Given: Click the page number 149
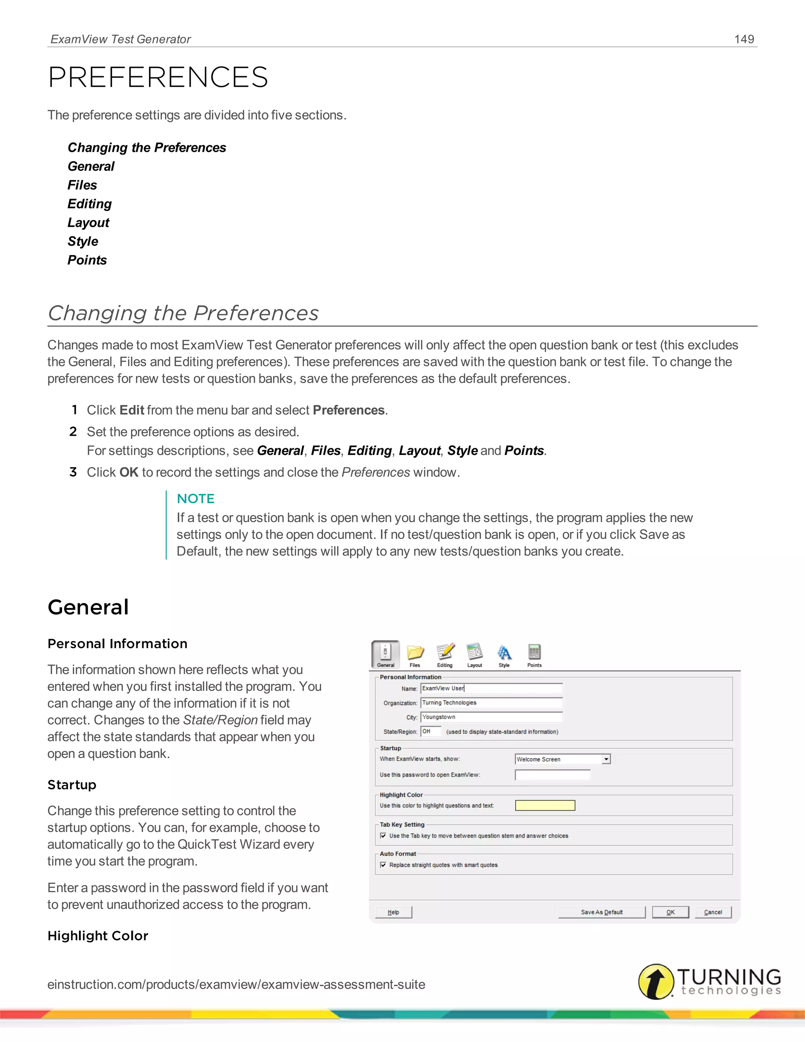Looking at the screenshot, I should click(744, 39).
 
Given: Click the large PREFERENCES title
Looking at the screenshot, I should click(158, 77).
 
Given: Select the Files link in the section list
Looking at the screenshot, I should click(82, 185).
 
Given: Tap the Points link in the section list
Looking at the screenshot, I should click(87, 260).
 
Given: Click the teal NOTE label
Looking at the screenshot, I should click(195, 499).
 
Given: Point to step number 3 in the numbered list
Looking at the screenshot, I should click(73, 472).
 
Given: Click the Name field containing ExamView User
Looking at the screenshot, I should click(491, 689).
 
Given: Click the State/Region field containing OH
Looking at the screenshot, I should click(431, 731).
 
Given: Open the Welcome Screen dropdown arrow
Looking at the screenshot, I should click(606, 759).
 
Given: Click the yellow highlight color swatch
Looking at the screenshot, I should click(545, 805).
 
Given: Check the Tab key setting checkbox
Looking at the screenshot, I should click(383, 836).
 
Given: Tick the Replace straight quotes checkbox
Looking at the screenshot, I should click(383, 865).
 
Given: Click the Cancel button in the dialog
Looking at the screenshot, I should click(713, 912).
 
